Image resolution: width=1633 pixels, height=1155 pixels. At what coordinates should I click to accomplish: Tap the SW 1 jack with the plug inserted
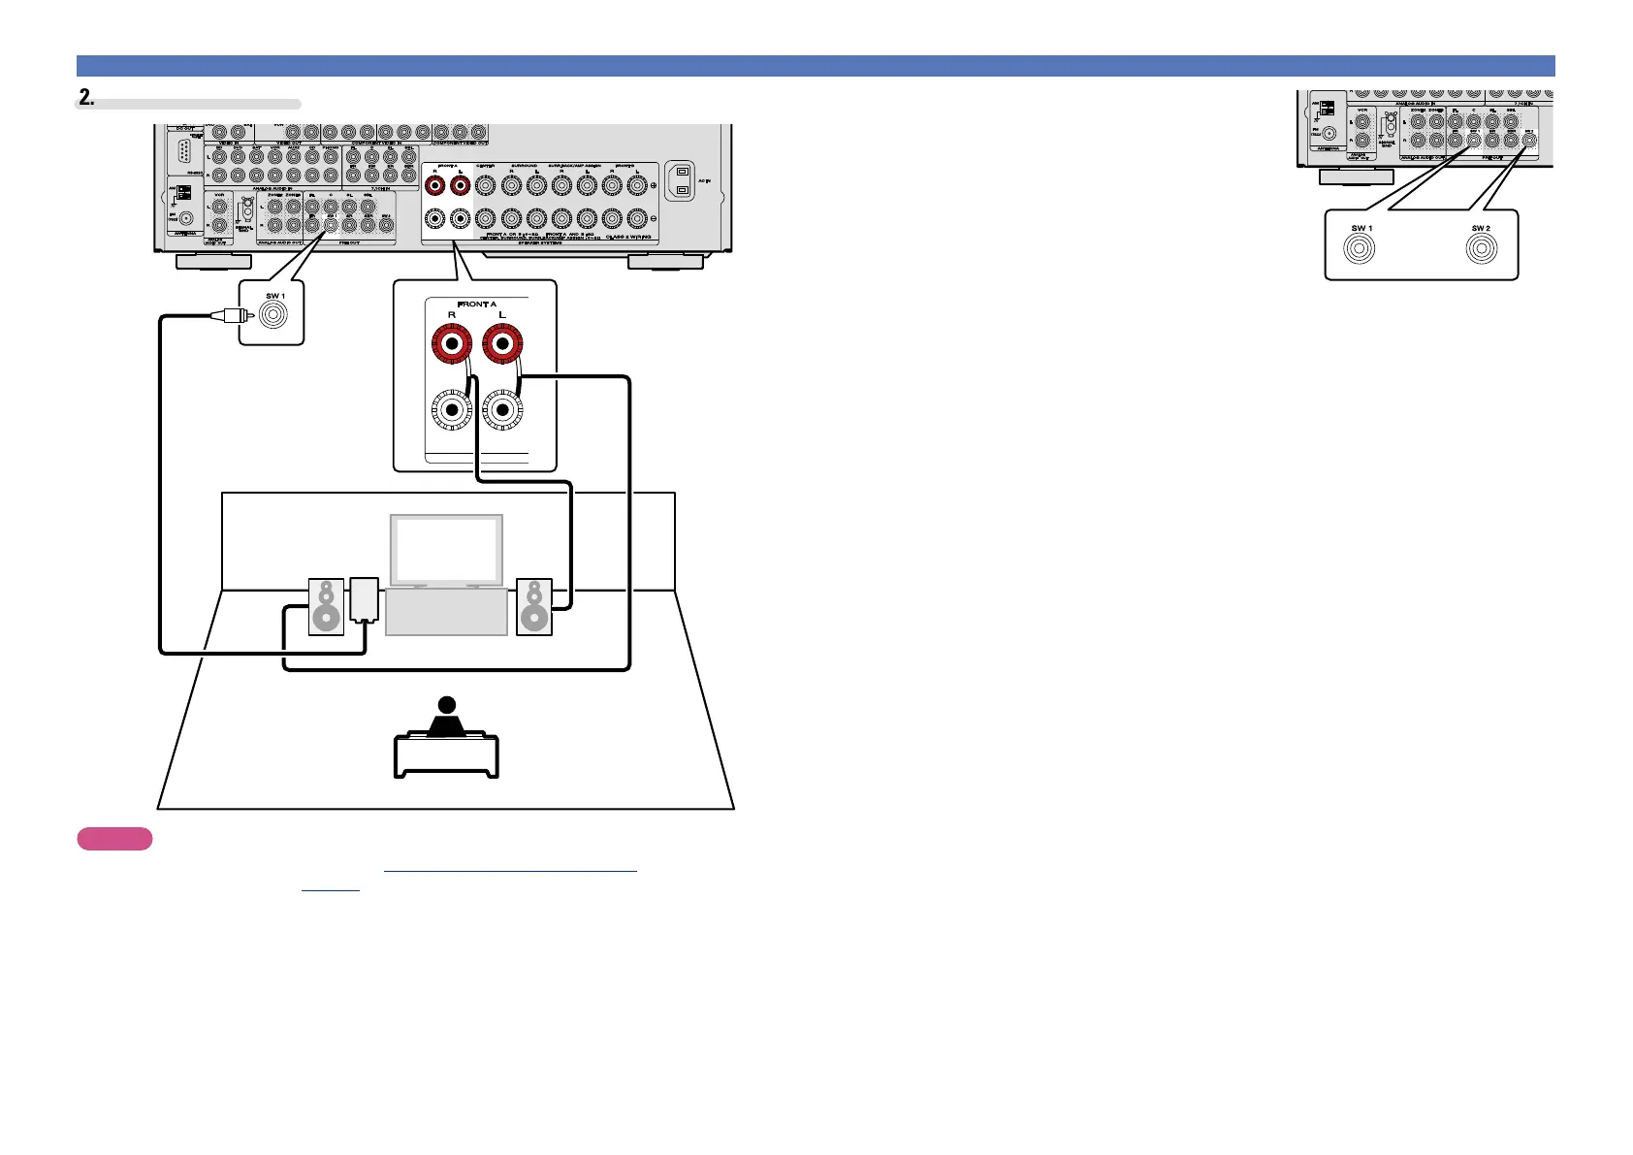(273, 315)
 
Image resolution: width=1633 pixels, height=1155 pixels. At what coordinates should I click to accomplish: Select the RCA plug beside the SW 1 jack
(232, 315)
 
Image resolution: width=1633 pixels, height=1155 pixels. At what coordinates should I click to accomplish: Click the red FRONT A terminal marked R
(451, 344)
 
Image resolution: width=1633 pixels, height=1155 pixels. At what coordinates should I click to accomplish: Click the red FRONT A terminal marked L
(502, 344)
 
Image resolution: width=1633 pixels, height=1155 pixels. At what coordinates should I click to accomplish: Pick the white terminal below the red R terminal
(451, 410)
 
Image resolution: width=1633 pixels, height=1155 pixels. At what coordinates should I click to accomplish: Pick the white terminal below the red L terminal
(502, 410)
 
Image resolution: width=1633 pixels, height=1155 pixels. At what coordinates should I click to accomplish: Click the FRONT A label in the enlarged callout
(477, 305)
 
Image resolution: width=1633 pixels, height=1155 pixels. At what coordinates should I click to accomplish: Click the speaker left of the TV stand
(326, 607)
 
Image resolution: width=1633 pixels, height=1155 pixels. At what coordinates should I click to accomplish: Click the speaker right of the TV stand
(533, 607)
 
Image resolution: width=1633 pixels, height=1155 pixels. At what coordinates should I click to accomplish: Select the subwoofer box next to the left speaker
(364, 599)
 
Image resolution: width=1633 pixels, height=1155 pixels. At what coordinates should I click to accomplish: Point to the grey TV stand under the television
(446, 612)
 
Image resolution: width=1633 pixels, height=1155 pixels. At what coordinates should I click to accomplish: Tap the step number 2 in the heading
(86, 97)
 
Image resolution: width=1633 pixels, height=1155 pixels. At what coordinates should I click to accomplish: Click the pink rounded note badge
(114, 839)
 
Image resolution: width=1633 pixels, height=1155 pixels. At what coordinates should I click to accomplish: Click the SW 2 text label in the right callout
(1481, 229)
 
